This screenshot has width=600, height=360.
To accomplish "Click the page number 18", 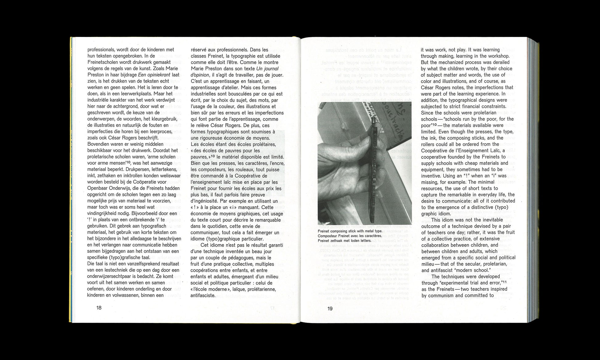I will click(x=99, y=308).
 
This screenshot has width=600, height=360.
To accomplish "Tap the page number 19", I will click(x=330, y=309).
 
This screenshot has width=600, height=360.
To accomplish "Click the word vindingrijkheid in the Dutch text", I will click(x=104, y=213).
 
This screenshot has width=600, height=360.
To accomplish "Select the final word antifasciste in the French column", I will click(x=203, y=296).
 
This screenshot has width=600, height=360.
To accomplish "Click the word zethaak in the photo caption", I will click(x=344, y=240).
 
